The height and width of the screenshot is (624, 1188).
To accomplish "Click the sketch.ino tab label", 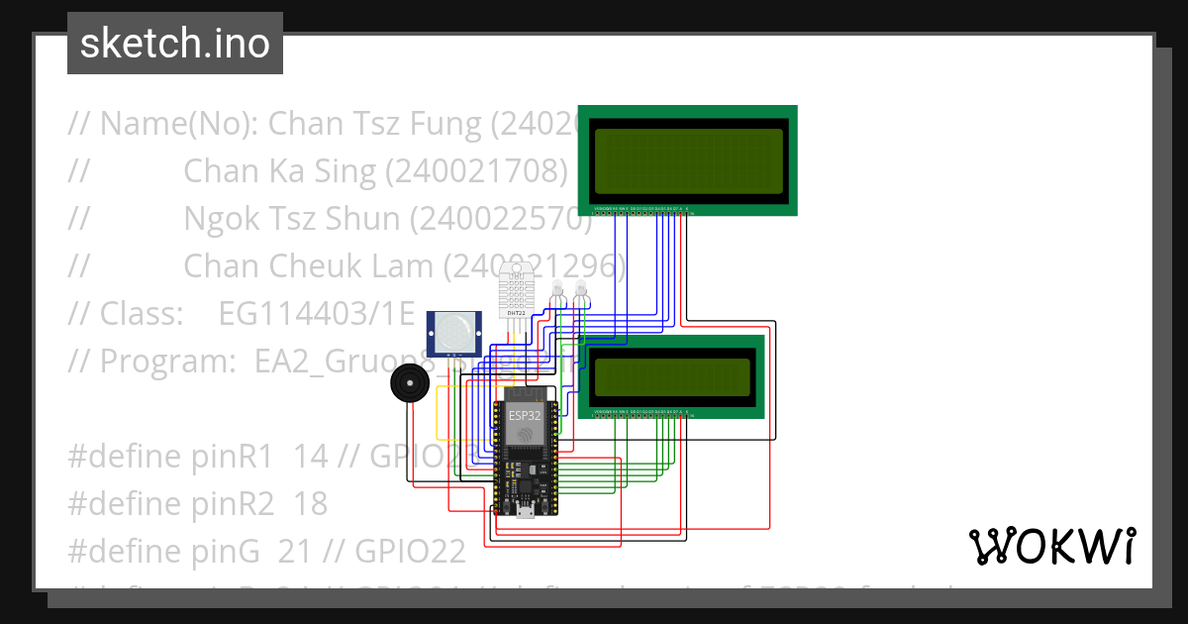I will click(174, 44).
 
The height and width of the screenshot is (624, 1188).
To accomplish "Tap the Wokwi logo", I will click(1050, 546).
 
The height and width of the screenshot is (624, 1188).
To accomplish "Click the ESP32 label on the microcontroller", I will click(525, 416).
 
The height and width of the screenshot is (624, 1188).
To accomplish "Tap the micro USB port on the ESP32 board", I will click(525, 511).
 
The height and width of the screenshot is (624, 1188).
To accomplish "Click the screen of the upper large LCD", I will click(688, 160).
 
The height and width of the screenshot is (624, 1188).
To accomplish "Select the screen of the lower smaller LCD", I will click(672, 375).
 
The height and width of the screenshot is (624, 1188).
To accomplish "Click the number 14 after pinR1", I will click(311, 457).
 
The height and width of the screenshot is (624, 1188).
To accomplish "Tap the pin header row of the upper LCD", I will click(642, 209).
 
